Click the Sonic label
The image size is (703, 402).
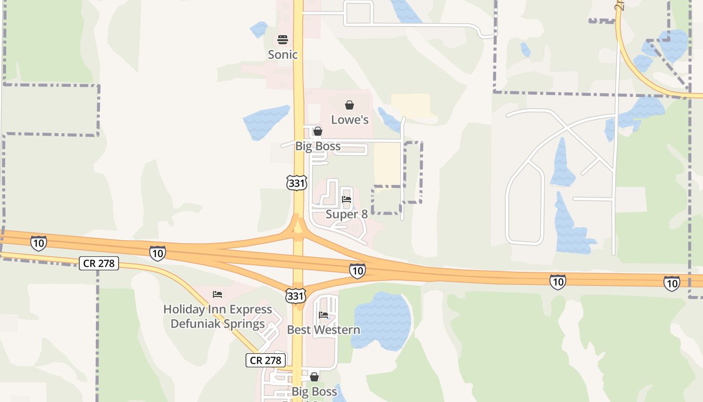point(283,54)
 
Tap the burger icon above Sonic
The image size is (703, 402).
point(283,40)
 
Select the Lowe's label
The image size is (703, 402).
point(349,120)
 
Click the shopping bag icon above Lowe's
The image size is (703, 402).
point(349,105)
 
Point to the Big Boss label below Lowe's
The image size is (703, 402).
point(317,146)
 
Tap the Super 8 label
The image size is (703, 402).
point(346,214)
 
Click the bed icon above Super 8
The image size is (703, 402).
point(346,199)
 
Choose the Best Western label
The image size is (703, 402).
point(323,330)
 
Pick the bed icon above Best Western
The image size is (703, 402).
point(323,315)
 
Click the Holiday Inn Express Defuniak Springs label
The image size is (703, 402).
point(217,316)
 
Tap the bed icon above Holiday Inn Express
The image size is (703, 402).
point(217,294)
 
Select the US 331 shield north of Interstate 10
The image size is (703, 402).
point(297,183)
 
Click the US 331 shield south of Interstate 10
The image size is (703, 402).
point(295,295)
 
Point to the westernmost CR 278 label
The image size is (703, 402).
point(99,263)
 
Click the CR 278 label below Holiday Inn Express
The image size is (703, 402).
point(266,360)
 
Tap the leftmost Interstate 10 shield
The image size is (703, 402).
point(39,243)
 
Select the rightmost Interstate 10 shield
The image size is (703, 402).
point(671,283)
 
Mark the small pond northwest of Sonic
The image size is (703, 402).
point(259,29)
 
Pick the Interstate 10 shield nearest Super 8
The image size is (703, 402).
point(357,271)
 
